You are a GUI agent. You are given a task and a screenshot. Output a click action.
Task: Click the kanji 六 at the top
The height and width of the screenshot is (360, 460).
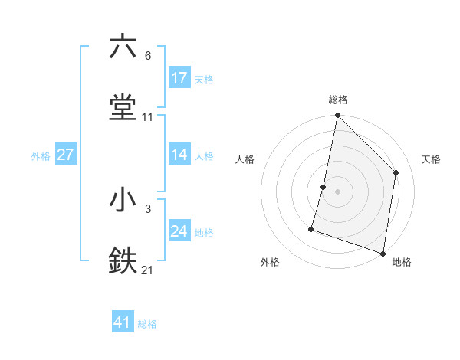coord(123,47)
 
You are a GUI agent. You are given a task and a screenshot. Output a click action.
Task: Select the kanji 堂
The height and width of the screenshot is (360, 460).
coord(123,108)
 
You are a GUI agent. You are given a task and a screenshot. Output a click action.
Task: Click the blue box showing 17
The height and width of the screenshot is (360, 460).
coord(179,78)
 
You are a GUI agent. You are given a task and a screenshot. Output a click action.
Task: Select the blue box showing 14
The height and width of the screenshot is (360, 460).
coord(179,155)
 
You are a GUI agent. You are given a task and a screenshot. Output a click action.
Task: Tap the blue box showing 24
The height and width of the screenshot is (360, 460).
coord(179,231)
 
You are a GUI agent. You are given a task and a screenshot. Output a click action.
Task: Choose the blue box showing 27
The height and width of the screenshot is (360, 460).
coord(66,155)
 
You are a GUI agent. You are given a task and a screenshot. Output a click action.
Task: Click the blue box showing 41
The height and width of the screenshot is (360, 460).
coord(123,322)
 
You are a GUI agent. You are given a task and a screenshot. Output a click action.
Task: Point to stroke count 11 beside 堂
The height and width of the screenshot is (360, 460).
coord(148,117)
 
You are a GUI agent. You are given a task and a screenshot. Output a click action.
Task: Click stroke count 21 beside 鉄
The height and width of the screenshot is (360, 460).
coord(148,270)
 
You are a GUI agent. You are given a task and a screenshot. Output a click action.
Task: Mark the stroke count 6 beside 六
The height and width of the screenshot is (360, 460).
coord(147,56)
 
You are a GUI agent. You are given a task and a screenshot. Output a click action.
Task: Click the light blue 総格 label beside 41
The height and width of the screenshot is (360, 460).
coord(147,324)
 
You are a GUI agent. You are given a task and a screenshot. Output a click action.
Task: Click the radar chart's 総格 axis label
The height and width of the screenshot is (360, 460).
coord(338,100)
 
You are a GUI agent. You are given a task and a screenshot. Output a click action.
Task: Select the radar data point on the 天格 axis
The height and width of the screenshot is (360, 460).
coord(396,172)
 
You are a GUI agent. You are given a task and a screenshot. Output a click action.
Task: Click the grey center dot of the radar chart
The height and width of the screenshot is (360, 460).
coord(338,191)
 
